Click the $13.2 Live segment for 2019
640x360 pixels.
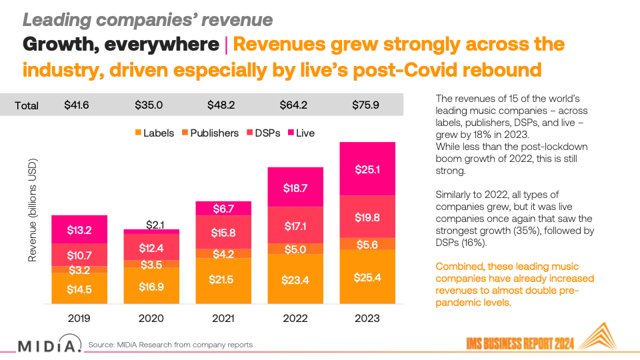(x=79, y=231)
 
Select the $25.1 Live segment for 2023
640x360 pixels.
(x=367, y=169)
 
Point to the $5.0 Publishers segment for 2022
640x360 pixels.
(x=295, y=249)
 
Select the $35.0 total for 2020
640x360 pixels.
(x=151, y=105)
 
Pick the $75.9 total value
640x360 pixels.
(x=367, y=105)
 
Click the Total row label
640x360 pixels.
(x=27, y=105)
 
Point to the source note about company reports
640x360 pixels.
(x=170, y=345)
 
